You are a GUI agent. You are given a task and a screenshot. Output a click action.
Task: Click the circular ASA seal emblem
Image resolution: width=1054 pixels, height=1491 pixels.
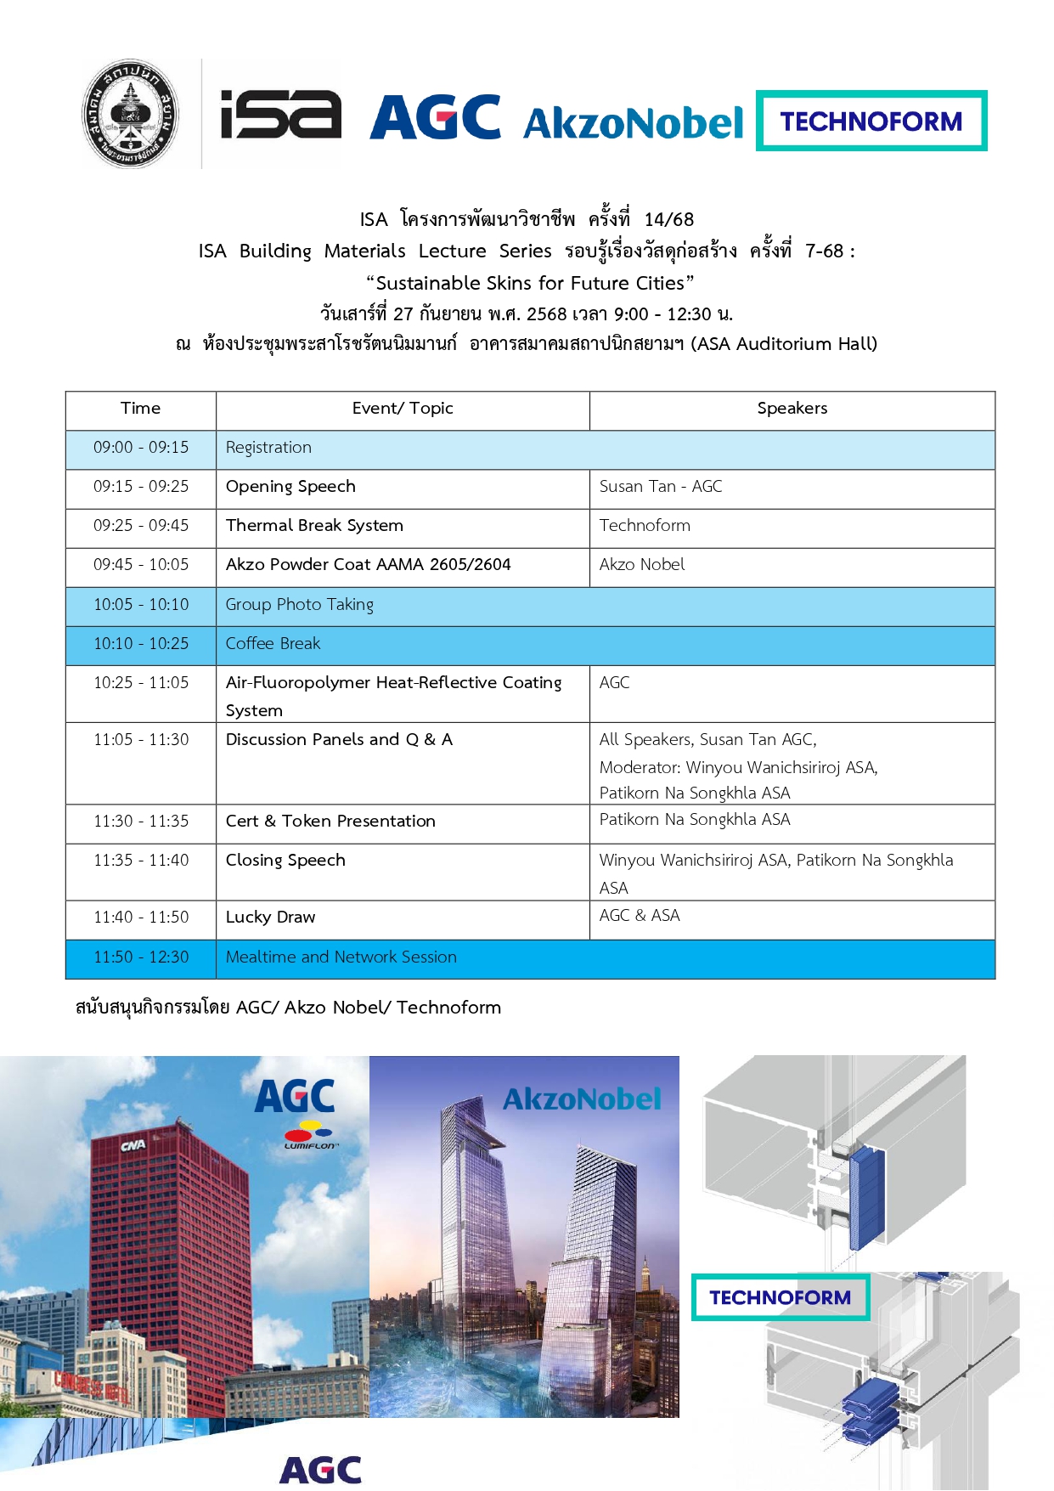(131, 114)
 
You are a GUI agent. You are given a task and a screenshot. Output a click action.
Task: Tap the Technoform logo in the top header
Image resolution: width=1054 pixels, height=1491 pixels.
(871, 121)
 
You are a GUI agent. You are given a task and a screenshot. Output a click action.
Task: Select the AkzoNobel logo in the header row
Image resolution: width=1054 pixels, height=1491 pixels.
(634, 123)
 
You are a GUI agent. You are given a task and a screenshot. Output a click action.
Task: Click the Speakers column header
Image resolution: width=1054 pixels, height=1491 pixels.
(792, 409)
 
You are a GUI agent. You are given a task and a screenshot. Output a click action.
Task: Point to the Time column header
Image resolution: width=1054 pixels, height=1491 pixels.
(141, 409)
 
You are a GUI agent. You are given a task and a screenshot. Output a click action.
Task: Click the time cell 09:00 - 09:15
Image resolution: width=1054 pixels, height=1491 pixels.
(141, 448)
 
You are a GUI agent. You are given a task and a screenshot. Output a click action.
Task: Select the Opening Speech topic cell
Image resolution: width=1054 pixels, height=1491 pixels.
(290, 487)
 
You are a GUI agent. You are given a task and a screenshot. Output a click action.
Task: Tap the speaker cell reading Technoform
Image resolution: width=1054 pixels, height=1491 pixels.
(645, 526)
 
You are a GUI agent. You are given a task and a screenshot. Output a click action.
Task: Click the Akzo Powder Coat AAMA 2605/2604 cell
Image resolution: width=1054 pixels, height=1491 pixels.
(368, 565)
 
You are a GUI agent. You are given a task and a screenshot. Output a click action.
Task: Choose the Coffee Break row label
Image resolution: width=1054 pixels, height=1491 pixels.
(273, 644)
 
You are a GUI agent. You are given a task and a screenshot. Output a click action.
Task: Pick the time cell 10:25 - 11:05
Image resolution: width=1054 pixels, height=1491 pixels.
(141, 683)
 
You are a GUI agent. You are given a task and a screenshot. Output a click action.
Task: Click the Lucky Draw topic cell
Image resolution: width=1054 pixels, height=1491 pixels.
(270, 918)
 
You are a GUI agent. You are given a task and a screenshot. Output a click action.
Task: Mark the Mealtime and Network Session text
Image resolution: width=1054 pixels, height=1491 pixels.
(341, 957)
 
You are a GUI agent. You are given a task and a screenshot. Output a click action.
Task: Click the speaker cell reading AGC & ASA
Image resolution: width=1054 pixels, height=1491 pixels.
(640, 916)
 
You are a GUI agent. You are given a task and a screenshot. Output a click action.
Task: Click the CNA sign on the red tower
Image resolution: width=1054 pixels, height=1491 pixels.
(132, 1146)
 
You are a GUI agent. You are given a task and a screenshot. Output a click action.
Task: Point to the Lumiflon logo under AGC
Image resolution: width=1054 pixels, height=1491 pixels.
(310, 1135)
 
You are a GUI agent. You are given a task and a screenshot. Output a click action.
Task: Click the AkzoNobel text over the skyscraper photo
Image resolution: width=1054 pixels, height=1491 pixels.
(582, 1099)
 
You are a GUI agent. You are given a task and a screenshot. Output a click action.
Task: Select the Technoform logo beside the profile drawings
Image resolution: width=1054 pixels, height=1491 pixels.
(780, 1297)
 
